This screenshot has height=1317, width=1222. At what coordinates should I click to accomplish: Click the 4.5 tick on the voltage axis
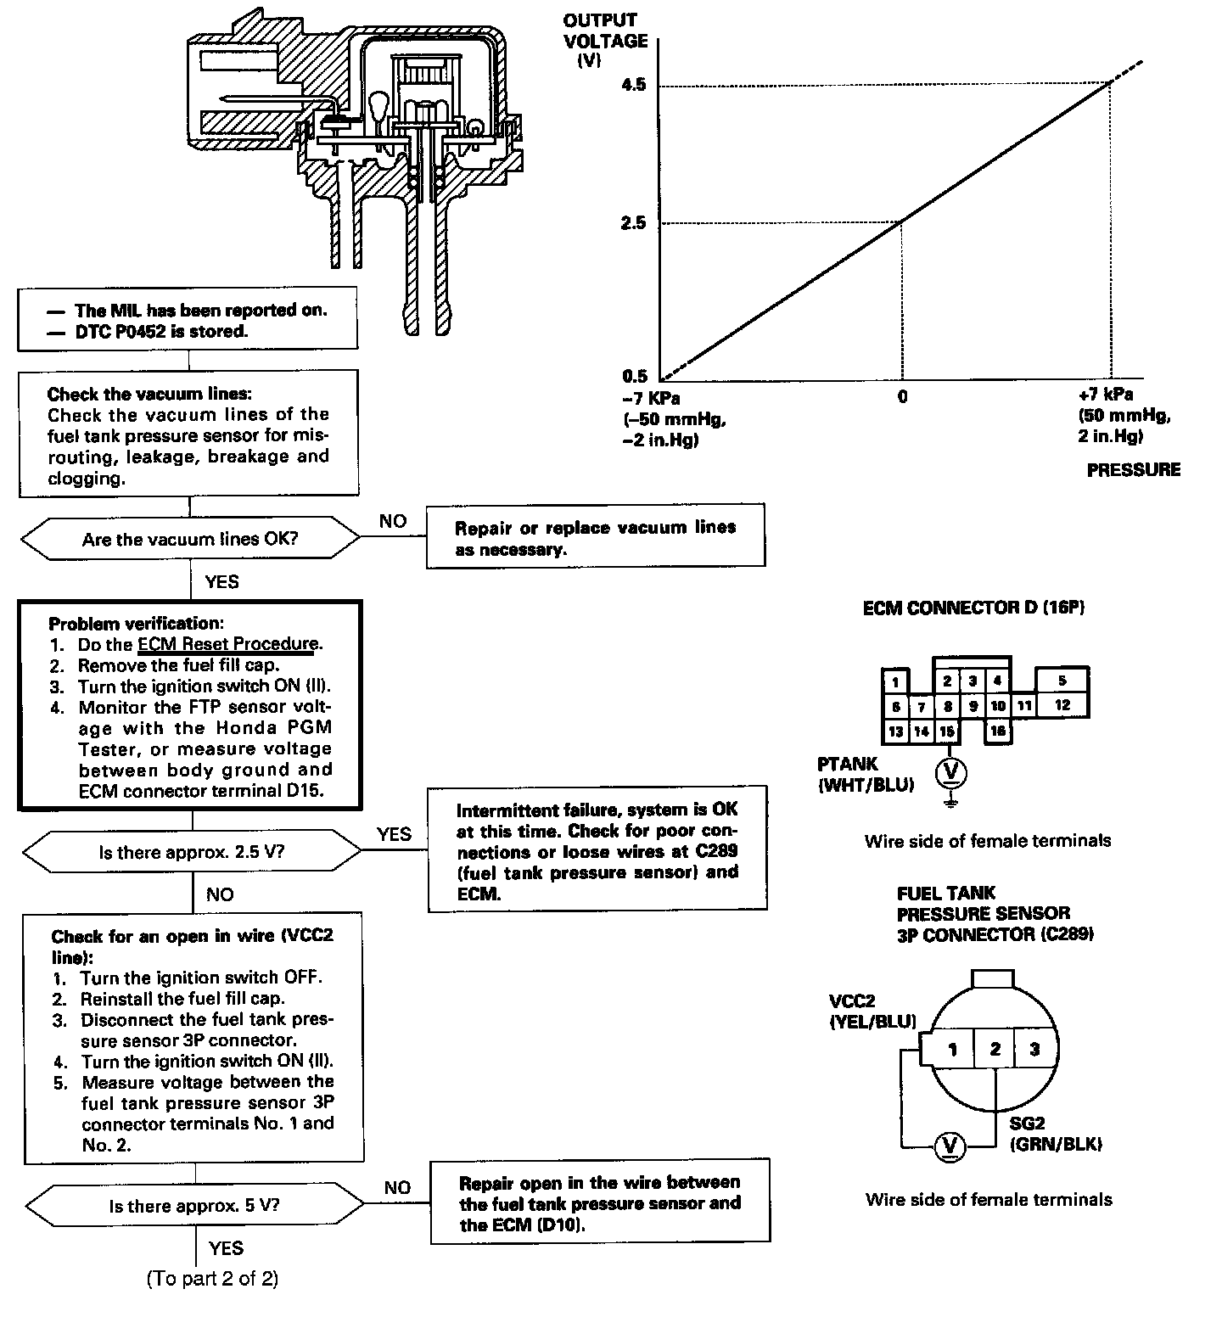click(x=634, y=85)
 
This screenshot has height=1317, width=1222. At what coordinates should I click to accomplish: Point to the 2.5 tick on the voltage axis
click(x=634, y=223)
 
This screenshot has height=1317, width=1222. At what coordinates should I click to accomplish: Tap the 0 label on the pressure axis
click(x=902, y=396)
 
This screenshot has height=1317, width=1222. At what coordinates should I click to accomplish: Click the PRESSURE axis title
click(x=1133, y=470)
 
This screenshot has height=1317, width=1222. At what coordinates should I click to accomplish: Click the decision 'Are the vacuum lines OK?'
click(x=190, y=540)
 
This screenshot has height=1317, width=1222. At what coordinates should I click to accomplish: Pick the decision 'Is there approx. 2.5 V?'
click(x=192, y=852)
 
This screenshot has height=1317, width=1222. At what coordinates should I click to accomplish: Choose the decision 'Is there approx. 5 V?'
click(x=194, y=1206)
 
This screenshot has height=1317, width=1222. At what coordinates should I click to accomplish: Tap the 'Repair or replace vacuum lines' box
click(x=595, y=538)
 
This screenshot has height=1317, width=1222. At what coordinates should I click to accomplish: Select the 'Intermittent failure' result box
click(x=597, y=851)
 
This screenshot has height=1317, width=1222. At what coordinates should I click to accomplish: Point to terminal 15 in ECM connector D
click(x=947, y=731)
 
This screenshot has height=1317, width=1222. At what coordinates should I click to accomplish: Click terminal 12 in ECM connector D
click(x=1062, y=704)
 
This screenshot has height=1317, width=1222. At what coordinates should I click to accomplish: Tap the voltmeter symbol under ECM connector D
click(x=950, y=771)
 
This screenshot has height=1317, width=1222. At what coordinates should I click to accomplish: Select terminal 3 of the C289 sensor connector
click(x=1034, y=1050)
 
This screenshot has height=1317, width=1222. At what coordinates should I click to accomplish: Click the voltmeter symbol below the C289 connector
click(x=950, y=1147)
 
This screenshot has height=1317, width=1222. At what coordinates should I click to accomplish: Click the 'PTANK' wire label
click(x=848, y=765)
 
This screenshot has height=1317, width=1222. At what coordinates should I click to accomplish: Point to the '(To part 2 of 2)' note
click(x=212, y=1278)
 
